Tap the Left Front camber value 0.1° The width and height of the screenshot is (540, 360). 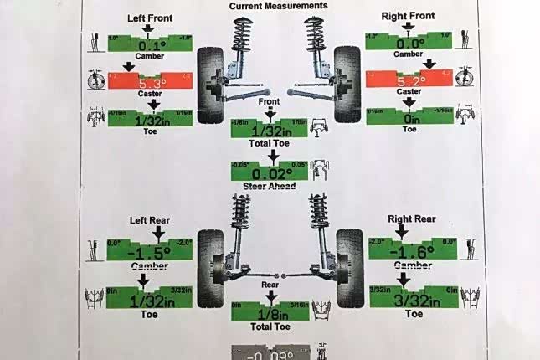(x=152, y=45)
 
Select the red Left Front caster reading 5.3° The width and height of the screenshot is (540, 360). (x=152, y=83)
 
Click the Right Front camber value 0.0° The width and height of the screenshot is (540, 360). (x=408, y=44)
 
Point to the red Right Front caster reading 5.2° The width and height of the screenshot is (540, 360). (x=408, y=81)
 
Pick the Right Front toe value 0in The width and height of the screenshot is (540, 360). (x=409, y=117)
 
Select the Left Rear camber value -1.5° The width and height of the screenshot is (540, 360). (x=151, y=251)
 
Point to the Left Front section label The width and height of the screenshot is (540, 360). (x=151, y=17)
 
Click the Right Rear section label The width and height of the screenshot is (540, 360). (x=412, y=219)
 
